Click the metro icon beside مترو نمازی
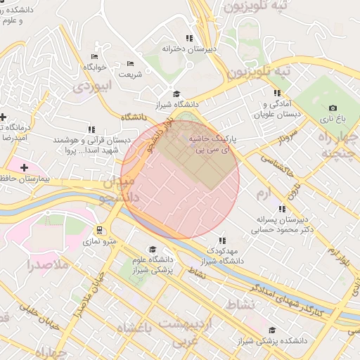pyautogui.click(x=100, y=229)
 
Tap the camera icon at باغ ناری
pyautogui.click(x=333, y=108)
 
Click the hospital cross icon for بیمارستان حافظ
pyautogui.click(x=25, y=167)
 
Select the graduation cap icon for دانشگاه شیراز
pyautogui.click(x=176, y=94)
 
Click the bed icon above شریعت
pyautogui.click(x=129, y=64)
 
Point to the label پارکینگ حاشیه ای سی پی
pyautogui.click(x=210, y=144)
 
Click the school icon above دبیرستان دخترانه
pyautogui.click(x=188, y=38)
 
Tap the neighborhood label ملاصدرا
pyautogui.click(x=49, y=265)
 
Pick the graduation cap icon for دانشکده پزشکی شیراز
pyautogui.click(x=271, y=330)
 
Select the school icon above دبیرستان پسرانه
pyautogui.click(x=282, y=209)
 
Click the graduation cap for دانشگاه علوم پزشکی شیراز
pyautogui.click(x=153, y=249)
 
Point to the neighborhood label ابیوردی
pyautogui.click(x=91, y=87)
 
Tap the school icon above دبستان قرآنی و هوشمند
pyautogui.click(x=91, y=129)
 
